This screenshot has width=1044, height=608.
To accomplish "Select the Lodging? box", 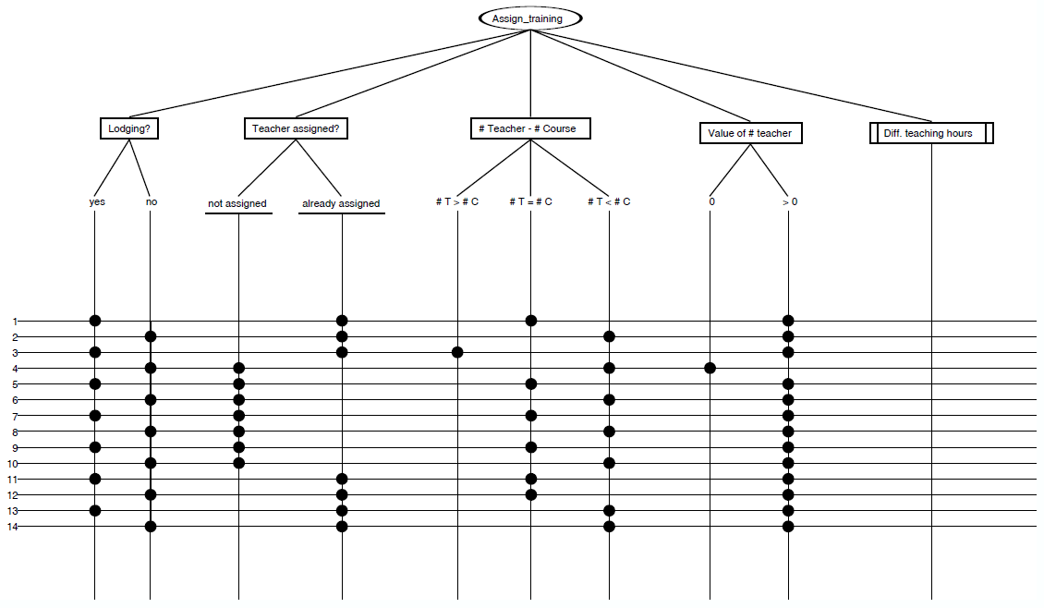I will point(129,128).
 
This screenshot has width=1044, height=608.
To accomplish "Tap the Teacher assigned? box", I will point(297,128).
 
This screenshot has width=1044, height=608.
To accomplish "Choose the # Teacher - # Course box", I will point(529,128).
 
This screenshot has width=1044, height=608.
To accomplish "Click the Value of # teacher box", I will point(749,133).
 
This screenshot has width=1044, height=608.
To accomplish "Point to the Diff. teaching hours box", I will point(932,133).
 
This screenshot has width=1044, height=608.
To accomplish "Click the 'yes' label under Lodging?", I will point(96,201).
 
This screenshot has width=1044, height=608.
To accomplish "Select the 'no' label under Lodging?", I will point(152,201).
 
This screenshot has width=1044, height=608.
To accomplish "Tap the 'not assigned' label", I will point(237,203).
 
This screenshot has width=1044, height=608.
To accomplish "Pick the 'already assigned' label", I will point(341,203).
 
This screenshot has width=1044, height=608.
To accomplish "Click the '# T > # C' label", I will point(457,201).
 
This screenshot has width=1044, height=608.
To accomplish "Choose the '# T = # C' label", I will point(530,201).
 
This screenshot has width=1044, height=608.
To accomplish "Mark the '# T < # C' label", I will point(609,201).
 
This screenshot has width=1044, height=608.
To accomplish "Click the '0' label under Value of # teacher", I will point(711,201).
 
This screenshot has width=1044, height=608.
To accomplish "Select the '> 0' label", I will point(789,201).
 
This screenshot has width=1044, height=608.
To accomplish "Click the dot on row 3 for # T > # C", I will point(457,352).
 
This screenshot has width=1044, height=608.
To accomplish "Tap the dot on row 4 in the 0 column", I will point(710,368).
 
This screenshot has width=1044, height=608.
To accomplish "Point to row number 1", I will point(15,321).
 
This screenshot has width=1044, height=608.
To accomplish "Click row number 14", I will point(13,527).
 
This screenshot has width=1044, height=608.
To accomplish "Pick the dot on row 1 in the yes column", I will point(95,321).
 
